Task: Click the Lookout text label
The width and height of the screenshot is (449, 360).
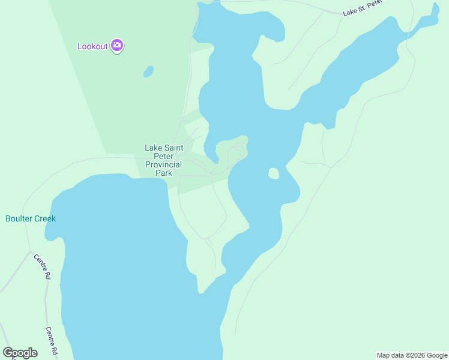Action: [92, 46]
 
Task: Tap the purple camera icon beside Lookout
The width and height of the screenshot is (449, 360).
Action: [117, 46]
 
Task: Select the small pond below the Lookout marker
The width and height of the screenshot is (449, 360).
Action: [148, 72]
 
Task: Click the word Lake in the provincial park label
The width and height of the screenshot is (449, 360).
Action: [154, 148]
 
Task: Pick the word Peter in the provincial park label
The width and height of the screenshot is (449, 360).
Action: [164, 156]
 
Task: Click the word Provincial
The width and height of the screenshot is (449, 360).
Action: [164, 164]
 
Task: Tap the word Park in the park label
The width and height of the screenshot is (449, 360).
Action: [164, 173]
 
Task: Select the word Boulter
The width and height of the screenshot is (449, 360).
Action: [19, 218]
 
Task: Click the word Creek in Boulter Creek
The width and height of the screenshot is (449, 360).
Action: [44, 218]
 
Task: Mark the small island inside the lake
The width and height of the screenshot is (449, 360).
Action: [273, 173]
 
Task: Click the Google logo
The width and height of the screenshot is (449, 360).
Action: [20, 353]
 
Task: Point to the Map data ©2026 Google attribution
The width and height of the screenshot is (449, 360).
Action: [412, 355]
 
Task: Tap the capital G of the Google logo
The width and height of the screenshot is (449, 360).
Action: [8, 352]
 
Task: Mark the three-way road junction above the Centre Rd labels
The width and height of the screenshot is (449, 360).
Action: [30, 251]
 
